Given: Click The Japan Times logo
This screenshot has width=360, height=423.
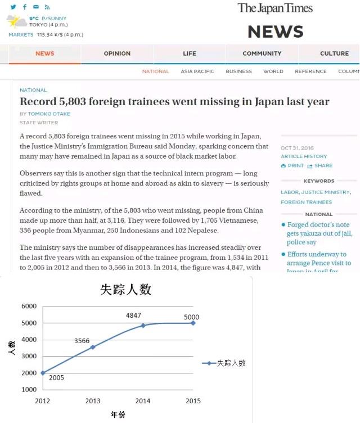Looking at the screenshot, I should click(275, 8).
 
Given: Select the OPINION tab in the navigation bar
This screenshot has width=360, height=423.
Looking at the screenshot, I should click(117, 53).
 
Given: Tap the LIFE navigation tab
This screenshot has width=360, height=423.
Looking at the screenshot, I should click(190, 53).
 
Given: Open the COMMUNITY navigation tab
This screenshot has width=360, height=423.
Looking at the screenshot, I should click(262, 53).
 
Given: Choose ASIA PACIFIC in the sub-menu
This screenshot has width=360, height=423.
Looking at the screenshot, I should click(197, 71).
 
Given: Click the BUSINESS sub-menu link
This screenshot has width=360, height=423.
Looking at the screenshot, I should click(238, 71).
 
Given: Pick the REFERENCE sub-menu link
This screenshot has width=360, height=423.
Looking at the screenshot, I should click(310, 71).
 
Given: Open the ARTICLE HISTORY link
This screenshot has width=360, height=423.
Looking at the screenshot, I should click(304, 156).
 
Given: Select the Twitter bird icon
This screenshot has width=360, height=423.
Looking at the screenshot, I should click(13, 7).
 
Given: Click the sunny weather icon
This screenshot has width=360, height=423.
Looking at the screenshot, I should click(16, 22).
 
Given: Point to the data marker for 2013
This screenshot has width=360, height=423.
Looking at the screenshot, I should click(93, 347).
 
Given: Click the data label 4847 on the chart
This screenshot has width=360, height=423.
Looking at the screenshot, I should click(134, 316).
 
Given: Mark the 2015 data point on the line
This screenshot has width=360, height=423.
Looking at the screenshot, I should click(193, 323).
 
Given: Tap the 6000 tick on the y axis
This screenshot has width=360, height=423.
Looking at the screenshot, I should click(29, 306).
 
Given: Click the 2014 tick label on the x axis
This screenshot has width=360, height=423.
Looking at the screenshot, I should click(143, 401).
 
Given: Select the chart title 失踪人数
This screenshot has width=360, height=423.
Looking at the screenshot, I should click(125, 290).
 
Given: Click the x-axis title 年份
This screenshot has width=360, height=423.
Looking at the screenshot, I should click(118, 415).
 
